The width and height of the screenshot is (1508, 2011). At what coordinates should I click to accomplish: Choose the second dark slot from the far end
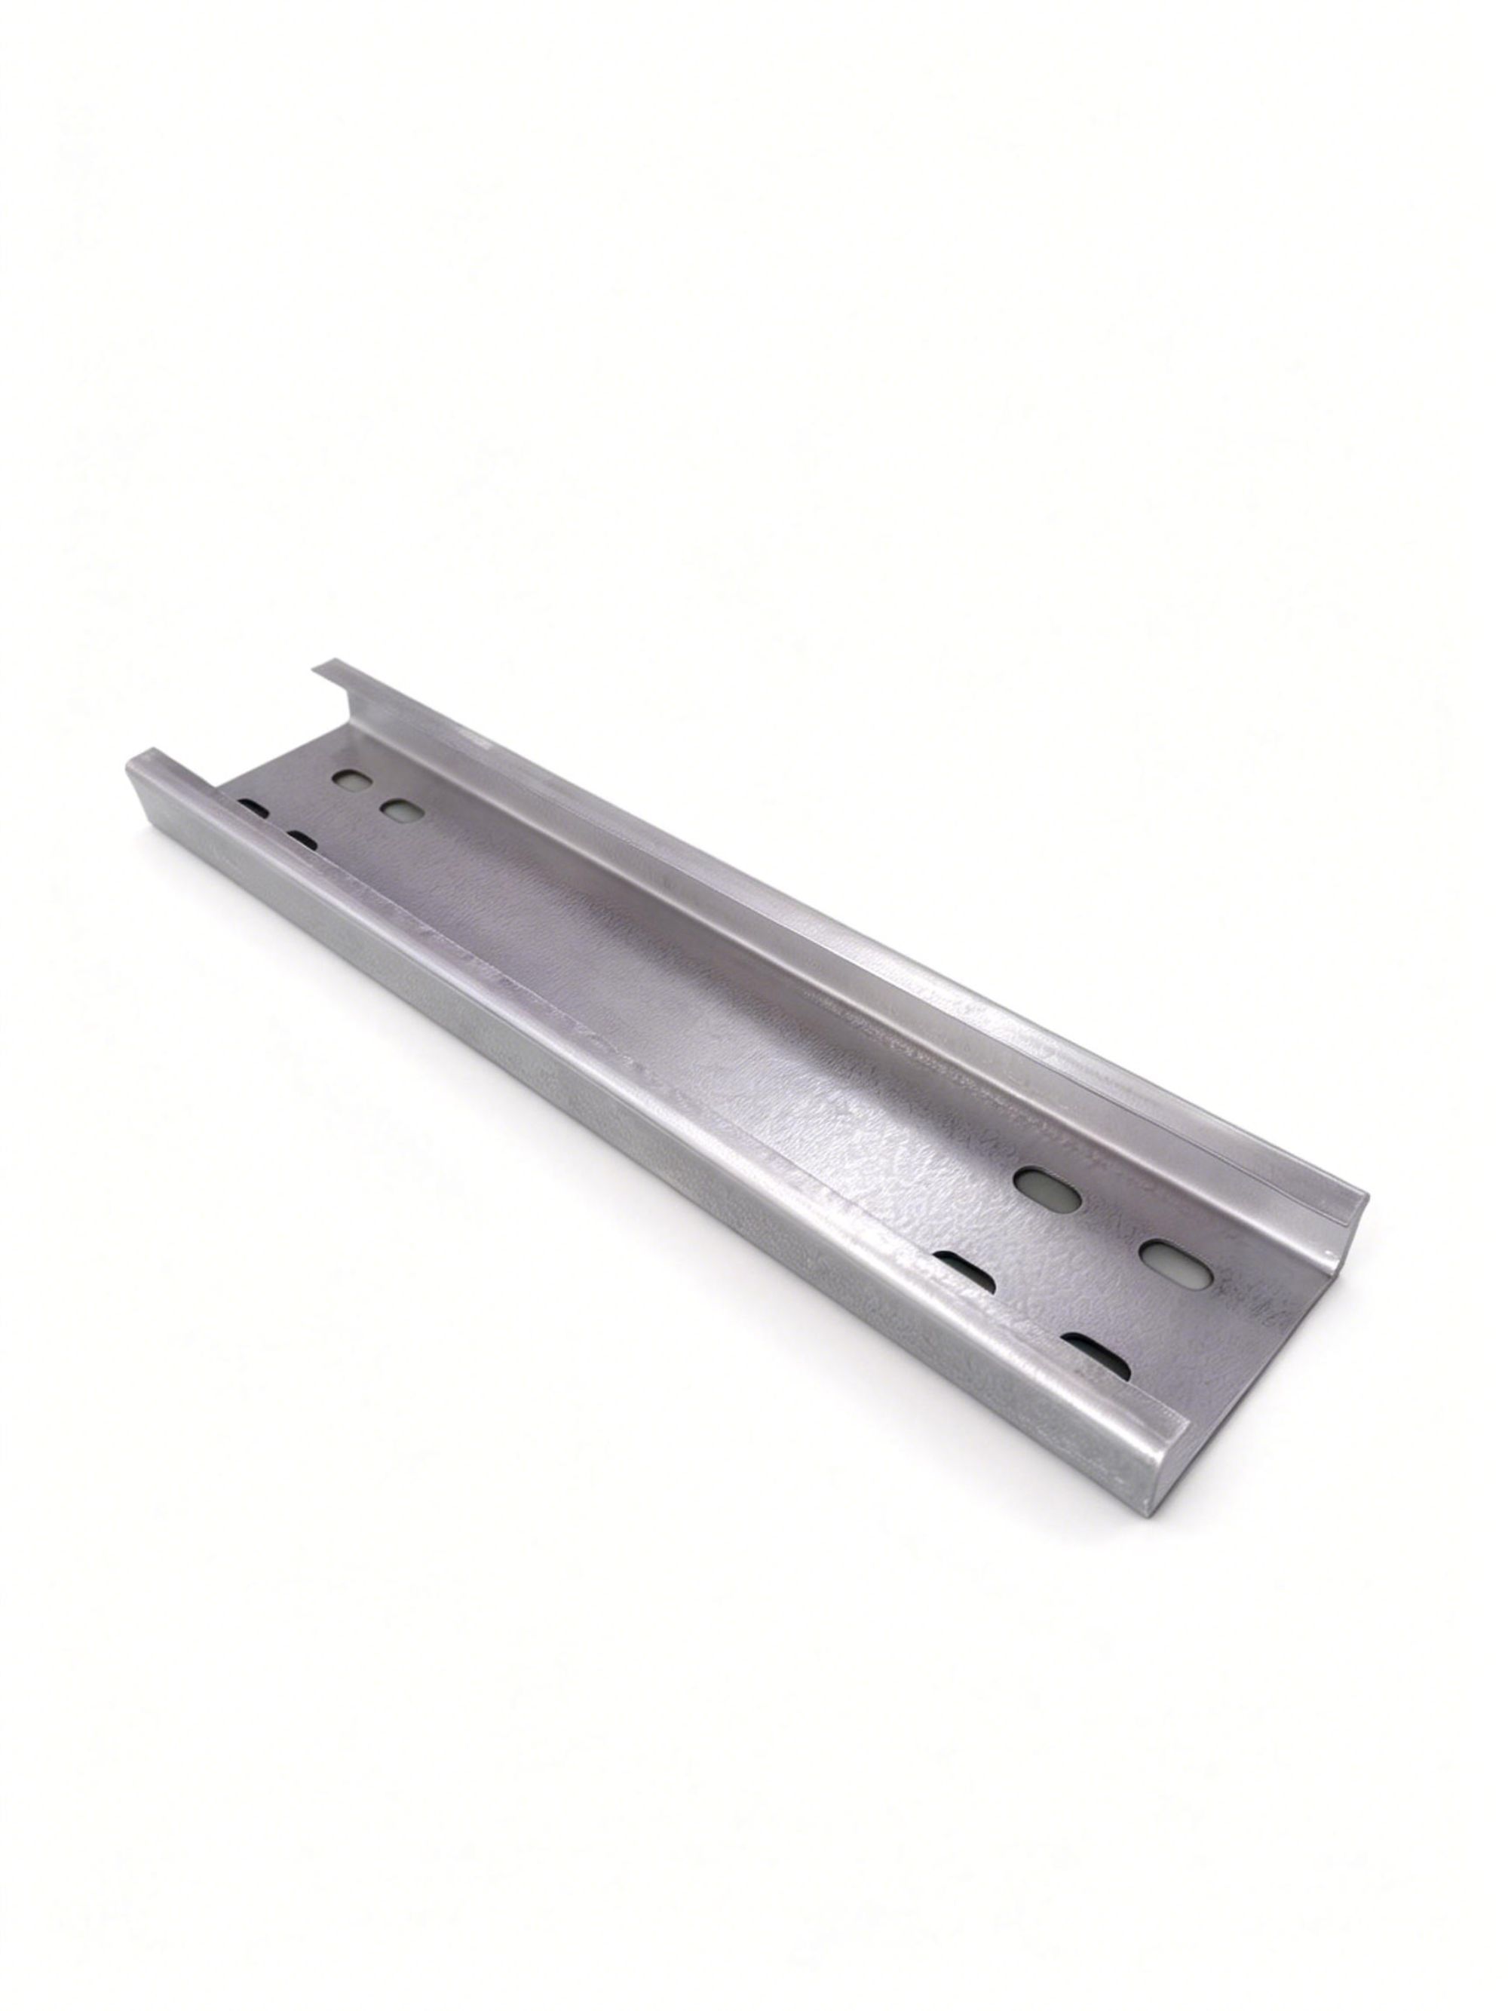[302, 841]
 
